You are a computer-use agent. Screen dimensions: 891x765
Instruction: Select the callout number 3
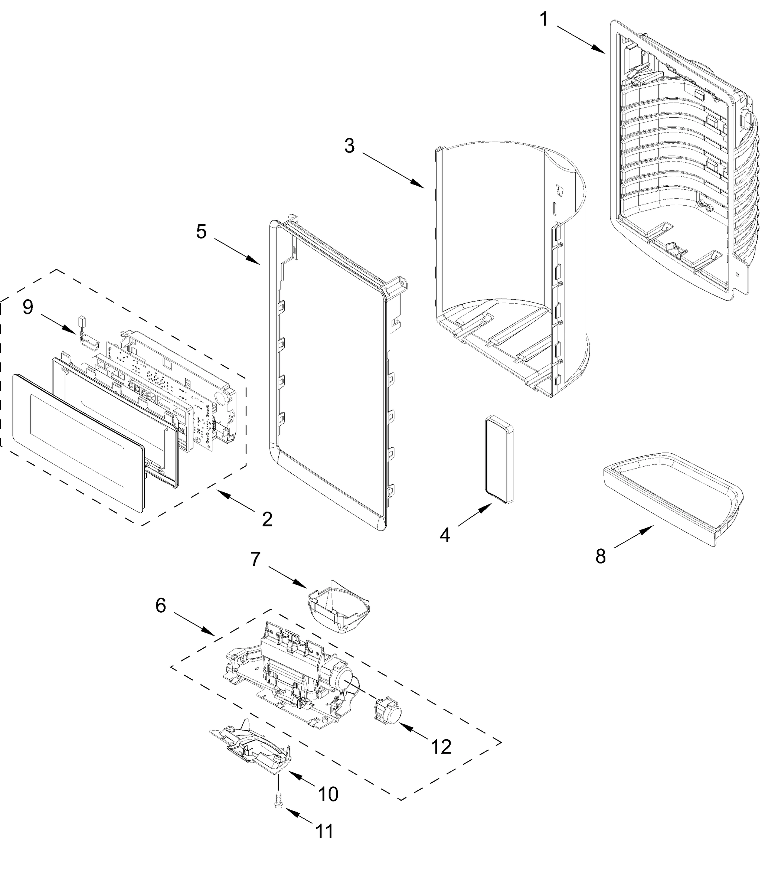pos(349,146)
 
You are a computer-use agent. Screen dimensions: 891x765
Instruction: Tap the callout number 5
pos(201,232)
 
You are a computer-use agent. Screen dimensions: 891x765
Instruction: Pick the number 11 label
pos(325,832)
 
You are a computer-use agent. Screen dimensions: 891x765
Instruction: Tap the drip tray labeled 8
pos(673,499)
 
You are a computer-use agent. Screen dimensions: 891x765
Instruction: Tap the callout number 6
pos(160,606)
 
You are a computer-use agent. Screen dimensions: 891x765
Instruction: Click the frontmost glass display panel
pos(78,443)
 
